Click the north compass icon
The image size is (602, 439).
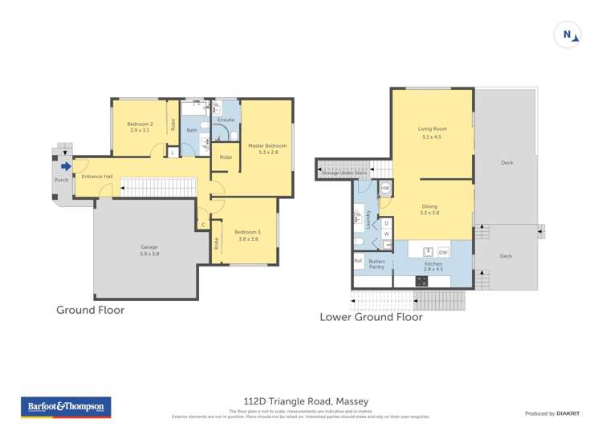tap(568, 35)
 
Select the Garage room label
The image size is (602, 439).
tap(149, 250)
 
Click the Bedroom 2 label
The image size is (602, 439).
tap(140, 126)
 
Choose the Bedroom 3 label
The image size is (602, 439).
tap(247, 235)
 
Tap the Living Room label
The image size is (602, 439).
tap(432, 132)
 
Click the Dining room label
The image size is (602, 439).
tap(429, 209)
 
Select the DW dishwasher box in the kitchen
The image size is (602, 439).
tap(443, 252)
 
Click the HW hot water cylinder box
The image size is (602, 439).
tap(385, 189)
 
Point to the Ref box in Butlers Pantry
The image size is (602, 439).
tap(358, 260)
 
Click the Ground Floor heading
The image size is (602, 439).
tap(90, 310)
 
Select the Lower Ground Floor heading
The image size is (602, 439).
tap(371, 317)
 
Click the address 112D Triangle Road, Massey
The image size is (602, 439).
tap(306, 400)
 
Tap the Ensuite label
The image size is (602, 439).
tap(226, 120)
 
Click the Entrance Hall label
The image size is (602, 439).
tap(96, 176)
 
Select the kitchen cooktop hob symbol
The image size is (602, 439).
tap(422, 281)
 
